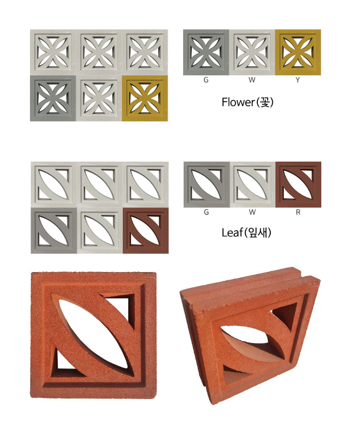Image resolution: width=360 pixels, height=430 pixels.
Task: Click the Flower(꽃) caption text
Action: [x=248, y=102]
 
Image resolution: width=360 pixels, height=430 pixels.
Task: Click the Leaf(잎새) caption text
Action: [x=247, y=233]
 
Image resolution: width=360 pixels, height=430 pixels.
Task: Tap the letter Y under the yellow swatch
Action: [x=298, y=80]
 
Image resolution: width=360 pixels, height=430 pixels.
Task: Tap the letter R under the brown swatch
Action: [x=298, y=212]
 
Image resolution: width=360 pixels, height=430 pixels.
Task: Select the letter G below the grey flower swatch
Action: [x=206, y=80]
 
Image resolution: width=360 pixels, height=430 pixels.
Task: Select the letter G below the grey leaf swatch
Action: [x=206, y=212]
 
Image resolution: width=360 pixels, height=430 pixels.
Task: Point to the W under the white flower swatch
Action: [x=252, y=80]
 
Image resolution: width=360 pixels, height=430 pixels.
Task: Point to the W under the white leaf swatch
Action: [x=252, y=212]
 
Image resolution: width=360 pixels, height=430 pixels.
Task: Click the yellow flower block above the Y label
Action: [x=298, y=52]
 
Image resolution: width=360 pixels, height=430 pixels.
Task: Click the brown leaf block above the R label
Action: [x=298, y=185]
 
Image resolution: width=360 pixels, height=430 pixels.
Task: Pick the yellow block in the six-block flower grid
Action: [x=145, y=98]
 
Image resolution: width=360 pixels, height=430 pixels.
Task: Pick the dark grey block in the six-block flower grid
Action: [x=53, y=98]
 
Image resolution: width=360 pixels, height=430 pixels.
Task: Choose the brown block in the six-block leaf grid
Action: [x=146, y=231]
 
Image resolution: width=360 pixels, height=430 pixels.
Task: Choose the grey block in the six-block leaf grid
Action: [x=54, y=231]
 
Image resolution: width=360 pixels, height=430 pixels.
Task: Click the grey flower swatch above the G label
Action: [x=206, y=52]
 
